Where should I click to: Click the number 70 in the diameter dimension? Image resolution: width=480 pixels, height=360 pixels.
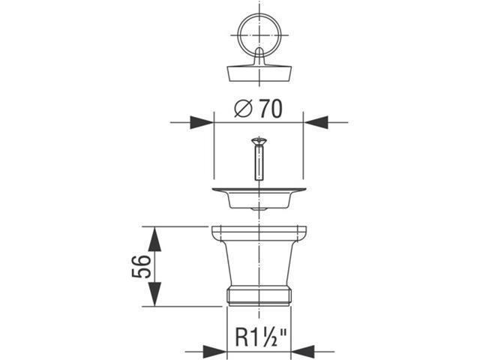pos(271,109)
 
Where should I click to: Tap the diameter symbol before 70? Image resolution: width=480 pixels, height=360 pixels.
pos(244,109)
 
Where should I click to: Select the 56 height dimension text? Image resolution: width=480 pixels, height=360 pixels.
pos(142,266)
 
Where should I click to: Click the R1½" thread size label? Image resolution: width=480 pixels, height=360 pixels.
pos(261,337)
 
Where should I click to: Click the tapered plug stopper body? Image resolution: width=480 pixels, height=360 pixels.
pos(259,73)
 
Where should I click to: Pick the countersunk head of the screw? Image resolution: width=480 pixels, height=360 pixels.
pos(259,141)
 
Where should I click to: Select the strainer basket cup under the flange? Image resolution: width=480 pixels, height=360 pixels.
pos(259,199)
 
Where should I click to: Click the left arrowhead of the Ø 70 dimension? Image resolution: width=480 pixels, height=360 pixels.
pos(202,122)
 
